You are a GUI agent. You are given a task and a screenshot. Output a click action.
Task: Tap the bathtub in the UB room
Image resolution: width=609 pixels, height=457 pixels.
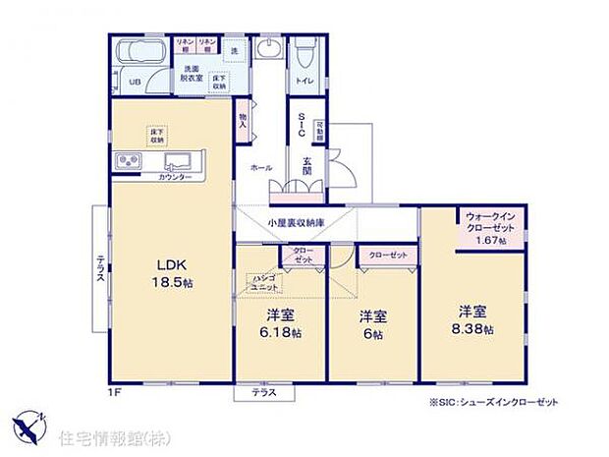pos(143,55)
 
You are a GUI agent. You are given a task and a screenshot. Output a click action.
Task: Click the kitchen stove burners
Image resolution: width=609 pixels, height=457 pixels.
pos(130,161)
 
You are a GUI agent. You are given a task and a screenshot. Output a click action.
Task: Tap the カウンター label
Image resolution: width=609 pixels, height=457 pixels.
pos(178,178)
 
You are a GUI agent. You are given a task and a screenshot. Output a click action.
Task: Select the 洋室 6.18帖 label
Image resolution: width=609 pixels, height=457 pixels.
pos(280,324)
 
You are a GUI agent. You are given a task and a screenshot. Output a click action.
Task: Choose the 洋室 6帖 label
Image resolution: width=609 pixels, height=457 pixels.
pos(371,324)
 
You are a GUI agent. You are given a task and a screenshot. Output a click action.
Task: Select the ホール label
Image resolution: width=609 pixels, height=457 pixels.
pos(261,168)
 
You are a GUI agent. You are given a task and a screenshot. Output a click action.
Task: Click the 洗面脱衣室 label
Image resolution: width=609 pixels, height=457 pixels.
pos(194,75)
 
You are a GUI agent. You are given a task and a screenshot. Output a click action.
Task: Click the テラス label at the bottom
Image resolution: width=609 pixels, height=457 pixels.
pos(262,392)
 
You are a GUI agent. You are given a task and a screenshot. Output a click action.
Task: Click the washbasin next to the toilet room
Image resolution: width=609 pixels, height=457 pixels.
pos(267,49)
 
